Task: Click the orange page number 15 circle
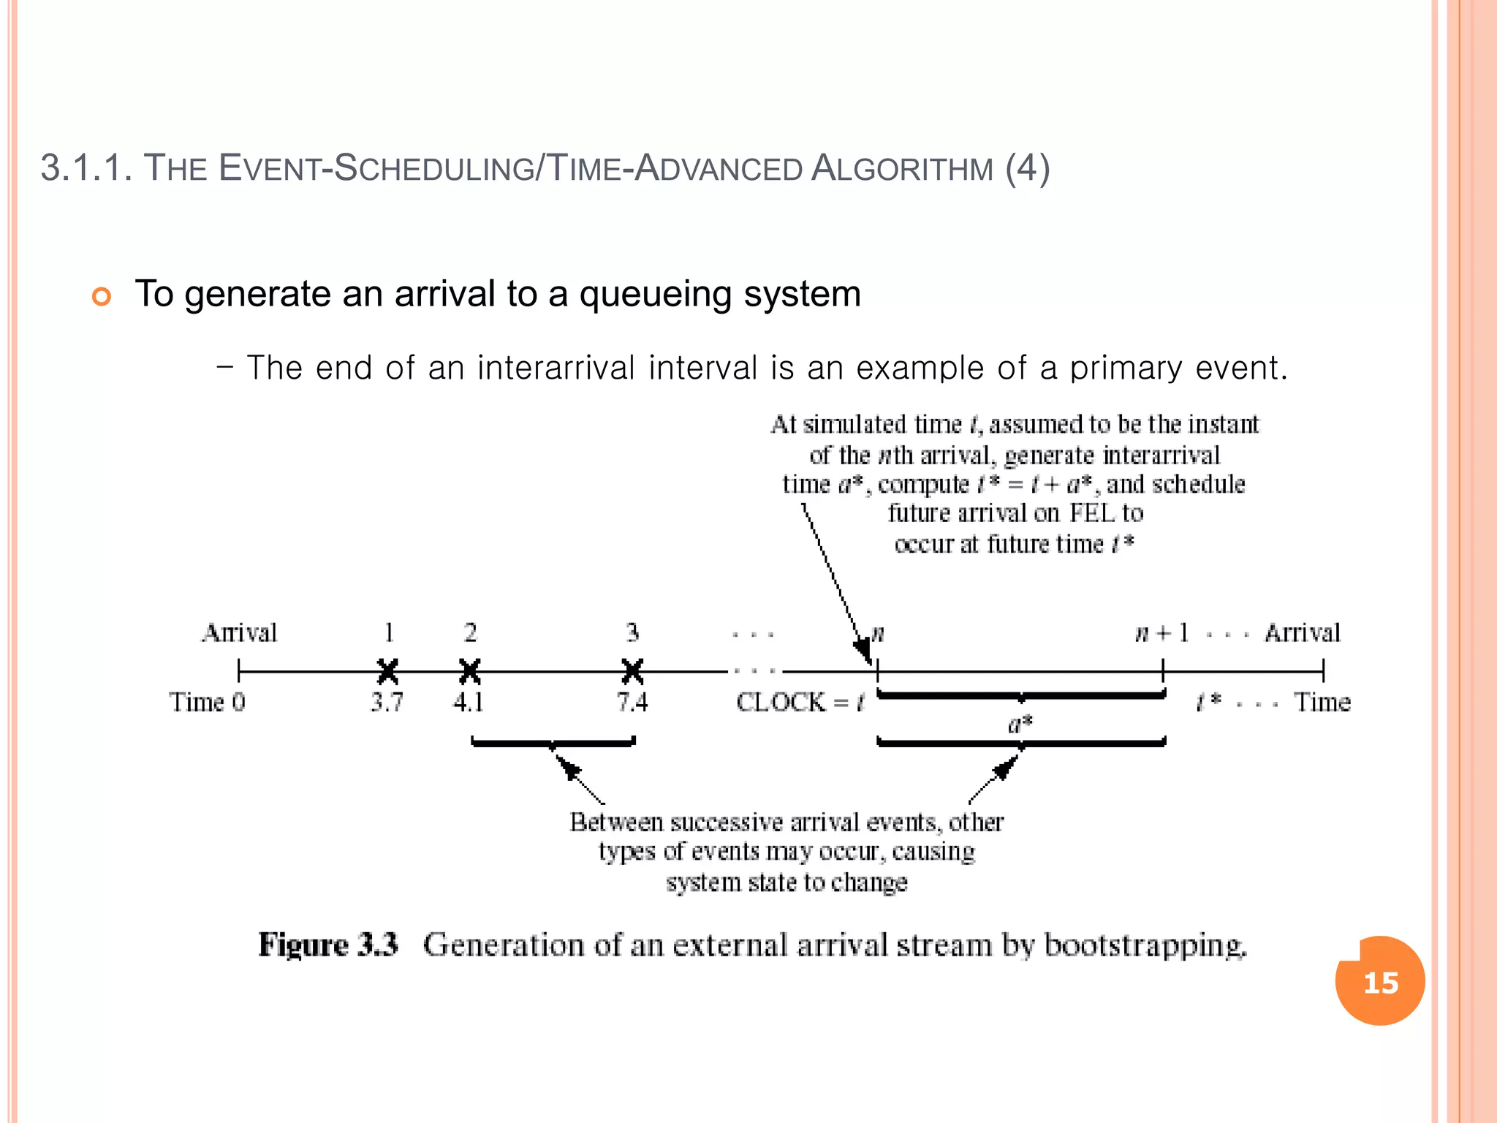point(1380,981)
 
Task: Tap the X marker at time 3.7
point(388,670)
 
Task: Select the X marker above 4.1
point(470,670)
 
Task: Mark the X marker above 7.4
point(632,670)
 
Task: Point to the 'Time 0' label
point(208,703)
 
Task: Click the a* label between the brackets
point(1020,724)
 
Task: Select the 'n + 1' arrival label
point(1161,633)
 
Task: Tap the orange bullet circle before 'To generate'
point(102,297)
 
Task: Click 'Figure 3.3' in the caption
point(328,945)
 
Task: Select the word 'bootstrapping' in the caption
point(1145,945)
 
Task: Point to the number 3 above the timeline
point(632,632)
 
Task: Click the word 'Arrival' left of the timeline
point(240,632)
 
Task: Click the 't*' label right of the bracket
point(1208,703)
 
